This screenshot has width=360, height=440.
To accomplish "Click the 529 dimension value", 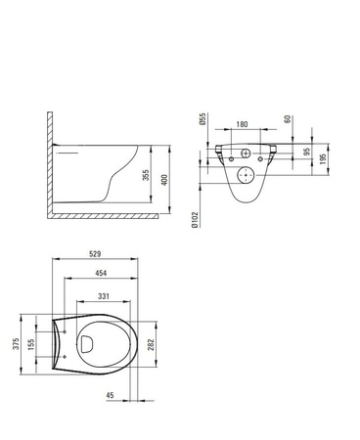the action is click(x=95, y=253).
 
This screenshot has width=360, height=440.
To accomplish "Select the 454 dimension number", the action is click(x=101, y=273).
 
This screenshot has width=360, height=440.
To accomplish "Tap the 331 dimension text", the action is click(x=104, y=296).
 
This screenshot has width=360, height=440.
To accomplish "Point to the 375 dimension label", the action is click(x=16, y=344).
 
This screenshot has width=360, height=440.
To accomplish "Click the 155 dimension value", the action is click(x=31, y=344).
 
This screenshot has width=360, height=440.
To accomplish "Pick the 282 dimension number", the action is click(x=151, y=344).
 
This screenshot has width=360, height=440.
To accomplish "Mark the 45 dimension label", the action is click(x=111, y=395).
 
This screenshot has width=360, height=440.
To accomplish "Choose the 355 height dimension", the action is click(x=146, y=175).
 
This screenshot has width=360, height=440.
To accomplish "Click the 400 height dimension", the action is click(x=164, y=180).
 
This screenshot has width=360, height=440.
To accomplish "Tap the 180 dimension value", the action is click(x=242, y=124).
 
